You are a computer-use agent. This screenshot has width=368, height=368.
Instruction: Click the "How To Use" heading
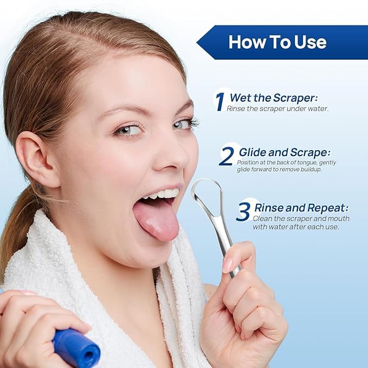(277, 42)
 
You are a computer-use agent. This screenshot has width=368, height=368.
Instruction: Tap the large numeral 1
(219, 101)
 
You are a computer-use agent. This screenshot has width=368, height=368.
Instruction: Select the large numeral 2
(227, 156)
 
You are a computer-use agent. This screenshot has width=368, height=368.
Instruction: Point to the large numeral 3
(244, 212)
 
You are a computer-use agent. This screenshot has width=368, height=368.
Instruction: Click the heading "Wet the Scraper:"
(273, 98)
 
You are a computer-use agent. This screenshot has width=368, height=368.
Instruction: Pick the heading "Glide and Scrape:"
(284, 152)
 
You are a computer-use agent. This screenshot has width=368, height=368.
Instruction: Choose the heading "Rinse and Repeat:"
(301, 208)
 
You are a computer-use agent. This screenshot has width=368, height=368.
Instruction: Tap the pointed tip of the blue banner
(198, 42)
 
